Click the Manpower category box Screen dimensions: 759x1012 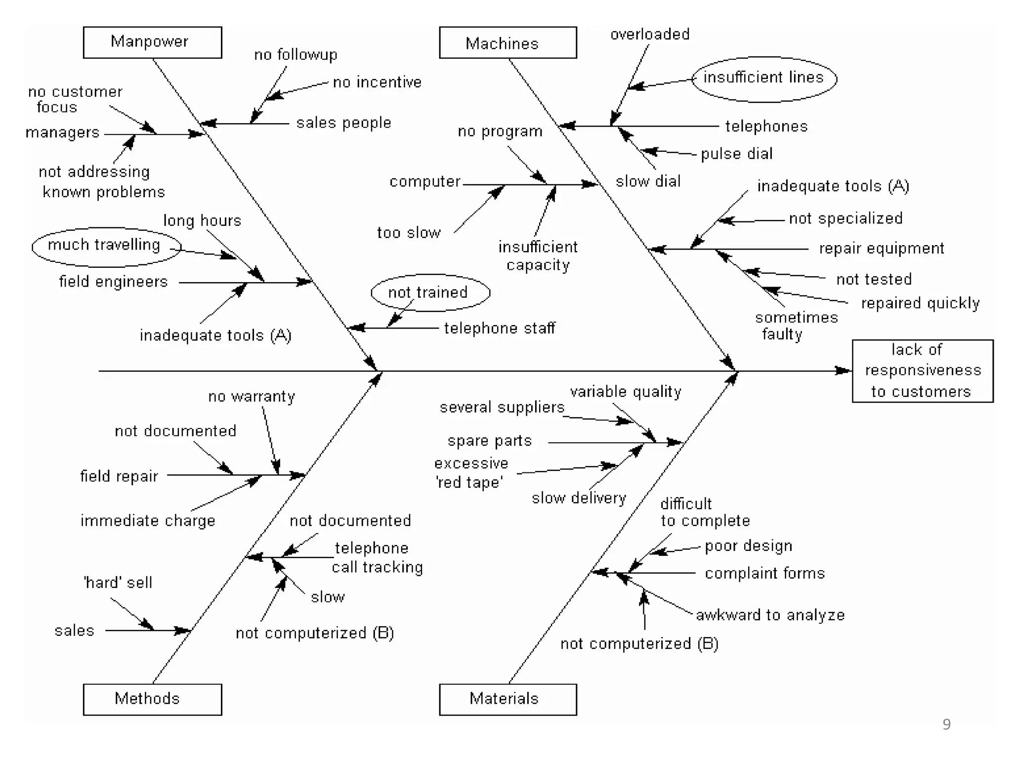coord(152,42)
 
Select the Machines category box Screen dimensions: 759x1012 coord(507,43)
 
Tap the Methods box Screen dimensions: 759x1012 coord(152,699)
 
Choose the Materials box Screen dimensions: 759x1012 coord(507,699)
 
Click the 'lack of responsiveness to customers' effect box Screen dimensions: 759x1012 coord(922,371)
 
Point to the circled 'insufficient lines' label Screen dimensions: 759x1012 coord(763,78)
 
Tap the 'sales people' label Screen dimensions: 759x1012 coord(343,123)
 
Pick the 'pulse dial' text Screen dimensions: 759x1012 coord(736,154)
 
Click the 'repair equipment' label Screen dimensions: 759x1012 coord(881,248)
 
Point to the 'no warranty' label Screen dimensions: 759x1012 coord(251,396)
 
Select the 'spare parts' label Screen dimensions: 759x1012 coord(489,441)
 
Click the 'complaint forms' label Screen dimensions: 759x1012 coord(764,573)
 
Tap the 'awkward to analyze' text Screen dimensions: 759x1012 coord(770,615)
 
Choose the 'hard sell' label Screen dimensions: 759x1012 coord(118,583)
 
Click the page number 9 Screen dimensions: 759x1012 coord(946,724)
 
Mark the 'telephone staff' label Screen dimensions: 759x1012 coord(499,328)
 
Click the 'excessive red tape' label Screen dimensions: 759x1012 coord(470,473)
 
